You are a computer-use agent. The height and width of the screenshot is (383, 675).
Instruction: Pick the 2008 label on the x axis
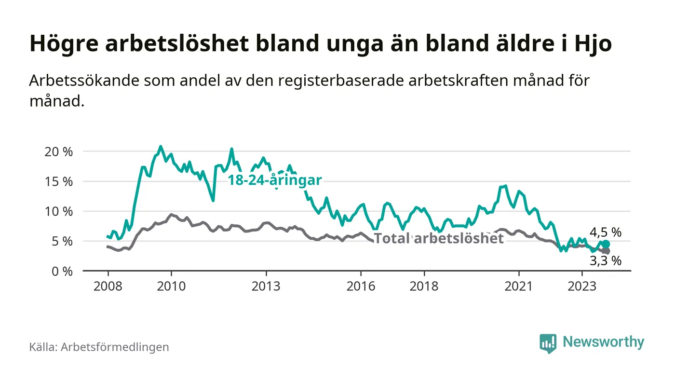click(x=107, y=286)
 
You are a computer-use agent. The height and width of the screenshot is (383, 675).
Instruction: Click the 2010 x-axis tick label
click(x=171, y=286)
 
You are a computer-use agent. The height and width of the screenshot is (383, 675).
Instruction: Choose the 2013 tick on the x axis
click(x=266, y=286)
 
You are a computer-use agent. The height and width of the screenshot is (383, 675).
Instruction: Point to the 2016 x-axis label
click(x=361, y=286)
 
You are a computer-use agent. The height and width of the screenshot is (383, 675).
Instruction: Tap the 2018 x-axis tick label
click(x=424, y=286)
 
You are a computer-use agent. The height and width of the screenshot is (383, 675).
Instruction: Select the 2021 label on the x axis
click(x=519, y=286)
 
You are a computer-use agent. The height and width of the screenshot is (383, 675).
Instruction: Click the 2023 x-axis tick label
click(x=582, y=286)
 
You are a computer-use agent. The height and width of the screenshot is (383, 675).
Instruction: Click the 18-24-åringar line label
click(x=274, y=180)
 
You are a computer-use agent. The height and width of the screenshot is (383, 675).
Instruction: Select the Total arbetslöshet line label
click(x=439, y=238)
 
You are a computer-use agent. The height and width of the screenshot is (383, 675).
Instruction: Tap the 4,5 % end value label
click(x=606, y=233)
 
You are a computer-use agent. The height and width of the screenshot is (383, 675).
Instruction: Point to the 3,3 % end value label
click(x=606, y=261)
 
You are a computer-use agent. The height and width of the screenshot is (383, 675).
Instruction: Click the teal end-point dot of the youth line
click(x=606, y=244)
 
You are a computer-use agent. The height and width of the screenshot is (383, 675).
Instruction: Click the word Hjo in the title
click(x=594, y=44)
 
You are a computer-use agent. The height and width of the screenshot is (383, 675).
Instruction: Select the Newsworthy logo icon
click(x=548, y=343)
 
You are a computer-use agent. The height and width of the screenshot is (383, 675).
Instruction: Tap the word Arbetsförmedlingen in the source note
click(x=115, y=347)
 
